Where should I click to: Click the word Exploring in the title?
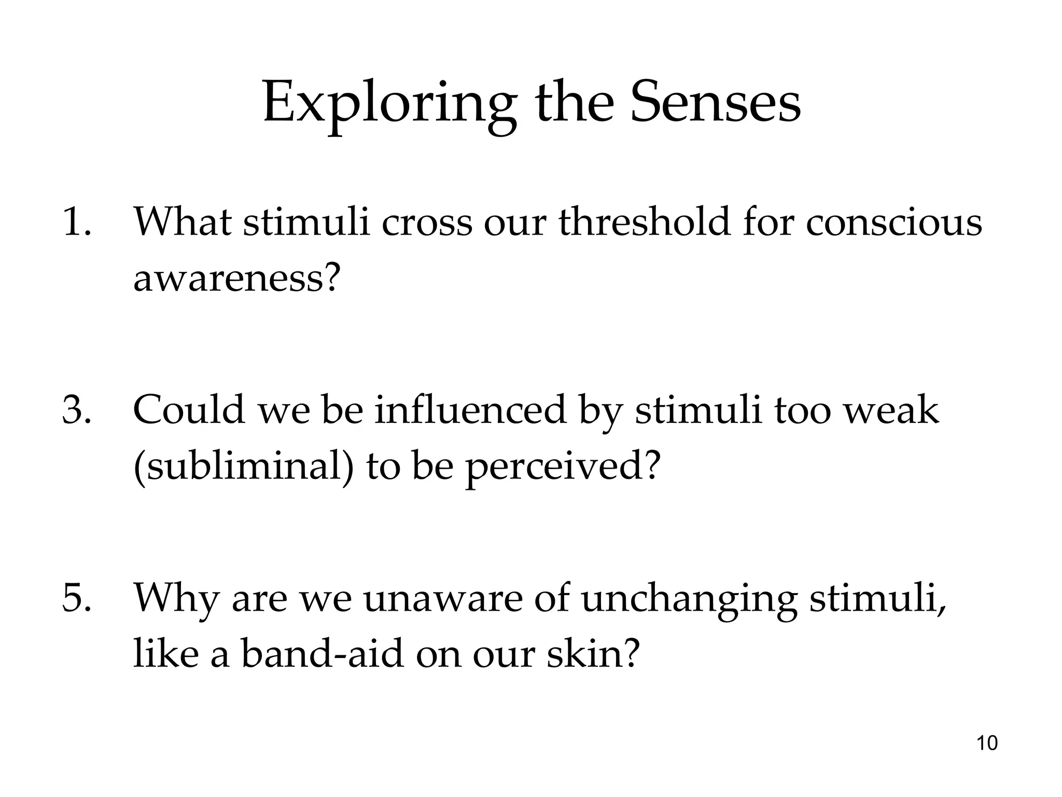[x=389, y=104]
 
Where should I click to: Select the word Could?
[x=189, y=410]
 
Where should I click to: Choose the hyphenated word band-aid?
[x=322, y=654]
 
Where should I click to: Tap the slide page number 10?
[x=987, y=743]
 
